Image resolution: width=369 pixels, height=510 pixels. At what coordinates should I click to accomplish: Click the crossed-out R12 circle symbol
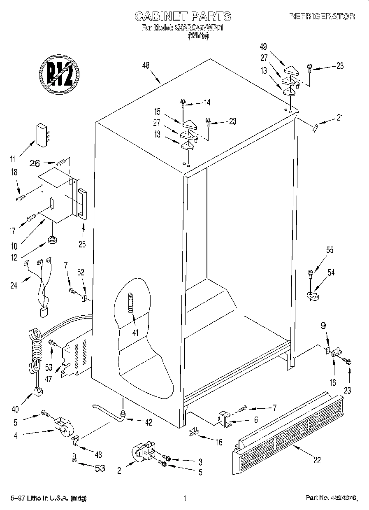tap(59, 75)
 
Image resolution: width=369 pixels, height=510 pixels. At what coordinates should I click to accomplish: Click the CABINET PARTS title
tap(183, 16)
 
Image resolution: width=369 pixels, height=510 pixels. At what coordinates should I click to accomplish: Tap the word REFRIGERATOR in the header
tap(322, 16)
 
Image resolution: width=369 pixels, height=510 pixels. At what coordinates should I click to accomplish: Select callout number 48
tap(145, 65)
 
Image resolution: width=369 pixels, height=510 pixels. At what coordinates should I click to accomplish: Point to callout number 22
tap(317, 460)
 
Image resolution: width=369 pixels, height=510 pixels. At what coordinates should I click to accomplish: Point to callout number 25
tap(82, 245)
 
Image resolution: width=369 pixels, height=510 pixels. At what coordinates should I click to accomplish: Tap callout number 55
tap(330, 250)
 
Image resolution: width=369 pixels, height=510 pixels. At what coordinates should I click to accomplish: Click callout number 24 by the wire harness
tap(14, 285)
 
